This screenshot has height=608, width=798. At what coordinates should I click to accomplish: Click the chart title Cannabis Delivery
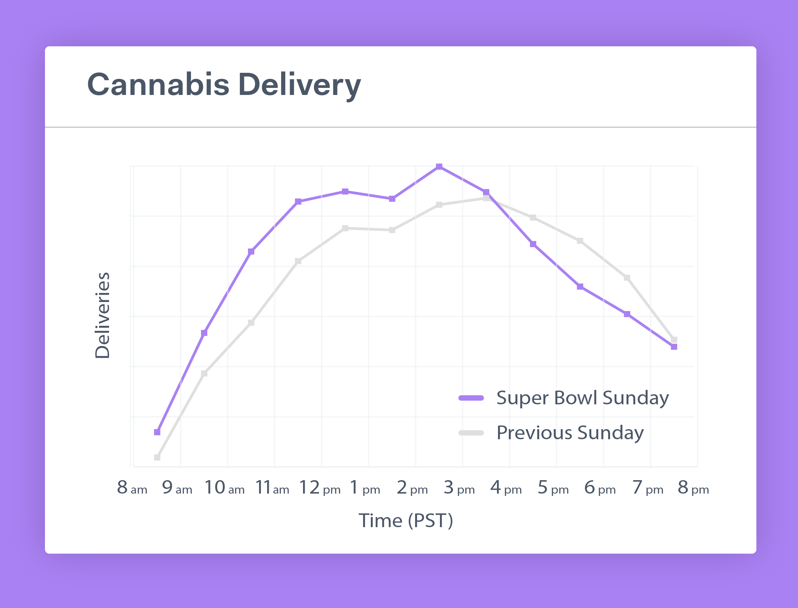[224, 85]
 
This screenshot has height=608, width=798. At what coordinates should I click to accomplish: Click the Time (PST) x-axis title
[406, 521]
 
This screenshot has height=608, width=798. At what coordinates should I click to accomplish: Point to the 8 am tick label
[132, 488]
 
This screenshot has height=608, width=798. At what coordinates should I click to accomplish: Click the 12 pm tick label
[320, 488]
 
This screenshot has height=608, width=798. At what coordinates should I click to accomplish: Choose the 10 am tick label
[225, 488]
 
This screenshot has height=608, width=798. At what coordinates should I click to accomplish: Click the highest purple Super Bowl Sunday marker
[439, 166]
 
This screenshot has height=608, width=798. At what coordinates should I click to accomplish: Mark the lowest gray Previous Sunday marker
[157, 457]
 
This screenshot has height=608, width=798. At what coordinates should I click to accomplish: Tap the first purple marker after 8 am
[157, 432]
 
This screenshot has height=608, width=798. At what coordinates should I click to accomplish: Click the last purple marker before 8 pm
[674, 347]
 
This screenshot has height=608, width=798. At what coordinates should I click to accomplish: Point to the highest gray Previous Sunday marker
[486, 198]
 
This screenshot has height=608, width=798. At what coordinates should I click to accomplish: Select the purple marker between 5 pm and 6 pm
[580, 287]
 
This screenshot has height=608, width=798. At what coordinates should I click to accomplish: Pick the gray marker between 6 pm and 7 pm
[627, 278]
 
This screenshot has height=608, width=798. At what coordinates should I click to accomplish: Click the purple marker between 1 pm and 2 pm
[392, 199]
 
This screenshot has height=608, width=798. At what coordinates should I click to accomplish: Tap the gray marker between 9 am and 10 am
[204, 373]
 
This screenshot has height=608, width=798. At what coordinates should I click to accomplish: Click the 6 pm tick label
[600, 488]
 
